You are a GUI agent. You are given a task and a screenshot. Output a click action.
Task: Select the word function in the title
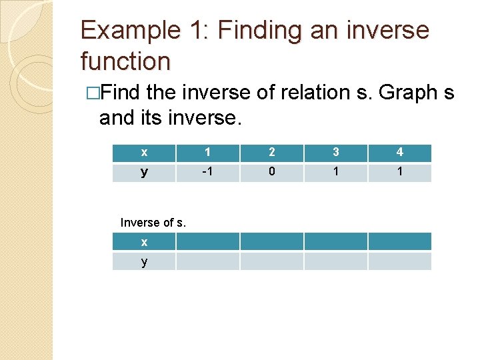coord(125,61)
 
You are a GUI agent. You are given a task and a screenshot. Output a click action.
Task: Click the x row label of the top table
coord(144,153)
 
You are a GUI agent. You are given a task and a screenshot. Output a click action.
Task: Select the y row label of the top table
coord(144,173)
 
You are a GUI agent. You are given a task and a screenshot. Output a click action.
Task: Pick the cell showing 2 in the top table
coord(271,153)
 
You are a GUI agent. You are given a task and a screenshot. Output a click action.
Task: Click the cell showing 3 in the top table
coord(336,153)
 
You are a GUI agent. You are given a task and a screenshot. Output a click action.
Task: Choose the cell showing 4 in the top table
coord(399,153)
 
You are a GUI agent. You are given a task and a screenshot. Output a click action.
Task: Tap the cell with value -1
coord(207,173)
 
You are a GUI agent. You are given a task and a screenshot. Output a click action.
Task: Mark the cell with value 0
coord(271,173)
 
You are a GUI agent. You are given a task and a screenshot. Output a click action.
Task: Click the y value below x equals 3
coord(336,173)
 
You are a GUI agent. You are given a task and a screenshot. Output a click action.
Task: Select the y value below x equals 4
coord(399,173)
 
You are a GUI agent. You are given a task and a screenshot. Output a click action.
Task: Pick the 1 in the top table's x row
coord(207,153)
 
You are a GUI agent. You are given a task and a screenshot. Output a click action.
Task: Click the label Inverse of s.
coord(153,223)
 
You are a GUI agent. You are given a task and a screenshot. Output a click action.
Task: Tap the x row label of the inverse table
coord(144,242)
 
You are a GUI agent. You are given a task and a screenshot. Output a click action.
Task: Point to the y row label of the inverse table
coord(144,261)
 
